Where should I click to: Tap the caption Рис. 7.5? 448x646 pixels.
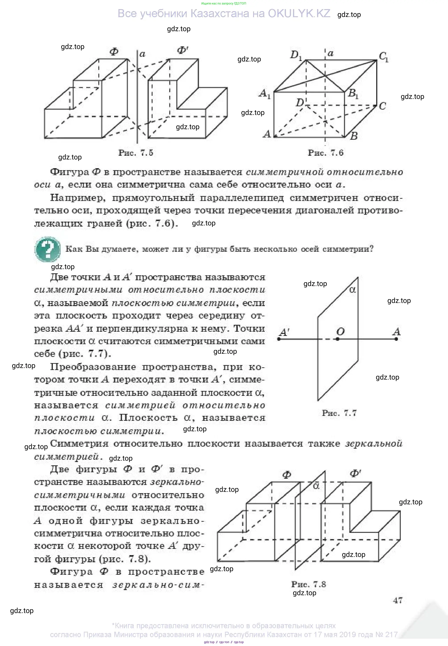coord(136,153)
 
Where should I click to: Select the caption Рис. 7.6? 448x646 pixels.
coord(325,153)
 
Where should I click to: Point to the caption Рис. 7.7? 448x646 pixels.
coord(339,413)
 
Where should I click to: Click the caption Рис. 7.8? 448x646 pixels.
coord(308,584)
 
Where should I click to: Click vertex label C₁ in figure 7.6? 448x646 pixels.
coord(383,57)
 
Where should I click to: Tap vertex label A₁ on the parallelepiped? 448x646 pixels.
coord(264,93)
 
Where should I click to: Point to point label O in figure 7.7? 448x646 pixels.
coord(340,332)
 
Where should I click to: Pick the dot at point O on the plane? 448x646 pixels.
coord(338,339)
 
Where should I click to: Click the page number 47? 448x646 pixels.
coord(397,600)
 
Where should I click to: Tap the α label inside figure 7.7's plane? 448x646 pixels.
coord(353,290)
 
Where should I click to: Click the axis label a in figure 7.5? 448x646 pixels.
coord(142,54)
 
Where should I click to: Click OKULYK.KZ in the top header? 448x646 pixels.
coord(299,13)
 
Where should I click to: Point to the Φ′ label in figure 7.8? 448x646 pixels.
coord(355,474)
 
